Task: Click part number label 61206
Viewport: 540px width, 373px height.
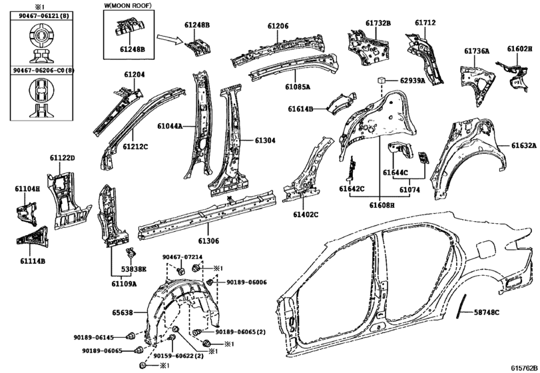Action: point(278,26)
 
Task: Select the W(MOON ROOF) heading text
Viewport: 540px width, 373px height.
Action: point(127,7)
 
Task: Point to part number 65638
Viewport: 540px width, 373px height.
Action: point(122,312)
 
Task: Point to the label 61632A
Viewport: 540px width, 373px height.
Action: point(523,145)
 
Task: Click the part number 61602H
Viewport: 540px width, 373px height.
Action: point(519,49)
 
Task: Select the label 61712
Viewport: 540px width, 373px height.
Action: point(425,23)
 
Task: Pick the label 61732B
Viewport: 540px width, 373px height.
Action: point(378,23)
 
